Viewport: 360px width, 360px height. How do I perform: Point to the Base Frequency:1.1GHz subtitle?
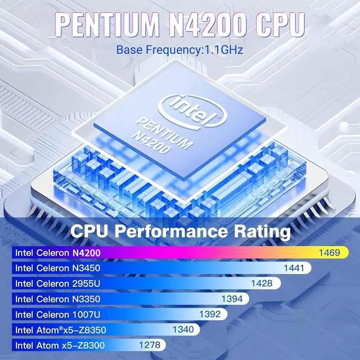pos(180,50)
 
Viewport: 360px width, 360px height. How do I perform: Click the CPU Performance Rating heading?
pos(180,231)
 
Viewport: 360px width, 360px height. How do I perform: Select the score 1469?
pos(329,253)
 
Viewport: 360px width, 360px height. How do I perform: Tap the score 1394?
pos(232,298)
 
